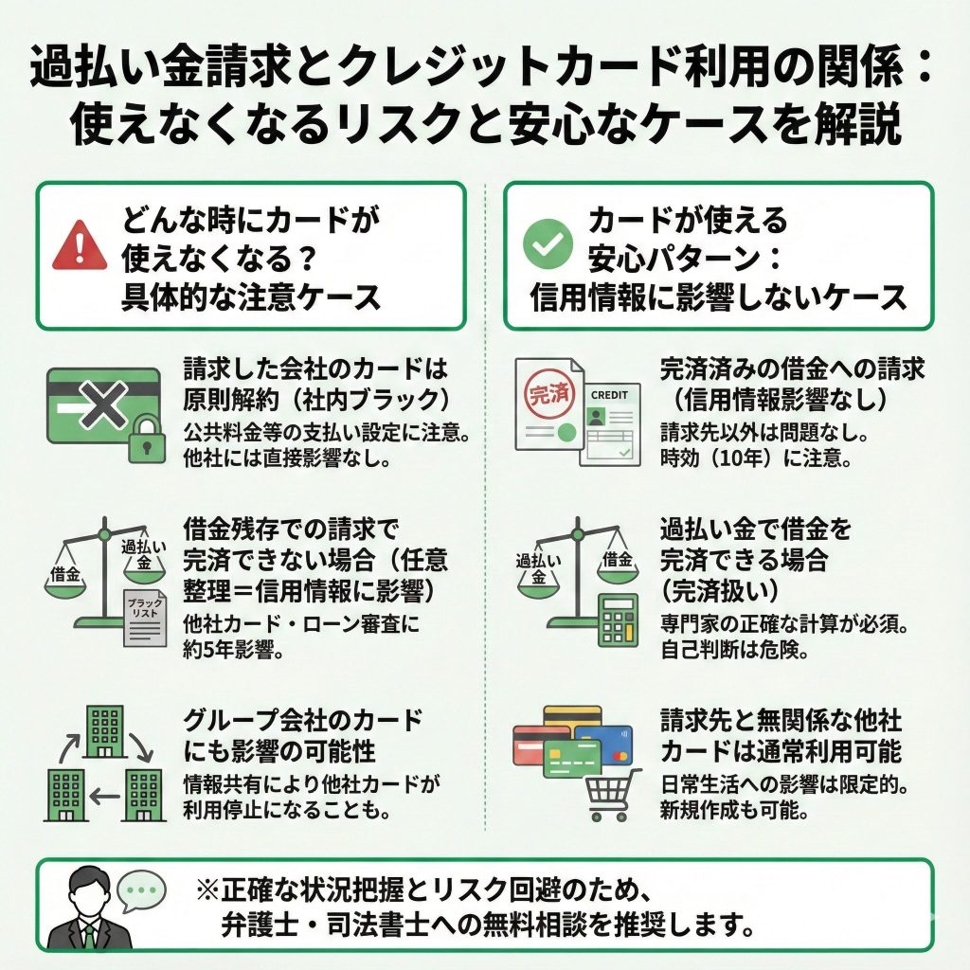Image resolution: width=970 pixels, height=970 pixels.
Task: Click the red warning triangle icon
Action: tap(80, 249)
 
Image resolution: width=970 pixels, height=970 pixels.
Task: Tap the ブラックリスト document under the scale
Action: tap(145, 617)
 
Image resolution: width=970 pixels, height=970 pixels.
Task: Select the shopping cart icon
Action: tap(611, 794)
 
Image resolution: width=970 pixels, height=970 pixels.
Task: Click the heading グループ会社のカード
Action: tap(302, 720)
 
